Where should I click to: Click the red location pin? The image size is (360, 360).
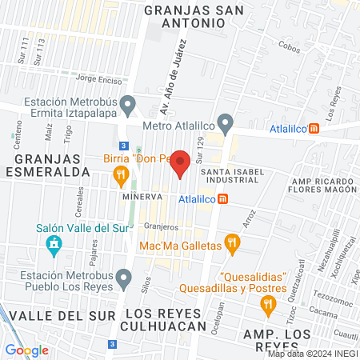[x=181, y=162]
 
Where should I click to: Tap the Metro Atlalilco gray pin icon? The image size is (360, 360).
[x=226, y=124]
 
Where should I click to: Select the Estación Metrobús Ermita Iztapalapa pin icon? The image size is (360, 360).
[x=127, y=105]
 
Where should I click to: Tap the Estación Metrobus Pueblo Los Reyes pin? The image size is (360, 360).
[x=122, y=278]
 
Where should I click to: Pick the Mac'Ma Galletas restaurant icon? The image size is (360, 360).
[x=231, y=242]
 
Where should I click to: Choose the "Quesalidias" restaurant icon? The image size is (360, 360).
[x=269, y=303]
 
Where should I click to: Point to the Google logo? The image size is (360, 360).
[x=26, y=350]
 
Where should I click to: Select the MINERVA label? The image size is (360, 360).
[x=137, y=196]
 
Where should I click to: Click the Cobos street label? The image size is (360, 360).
[x=287, y=47]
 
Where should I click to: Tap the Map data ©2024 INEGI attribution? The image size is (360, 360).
[x=313, y=354]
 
